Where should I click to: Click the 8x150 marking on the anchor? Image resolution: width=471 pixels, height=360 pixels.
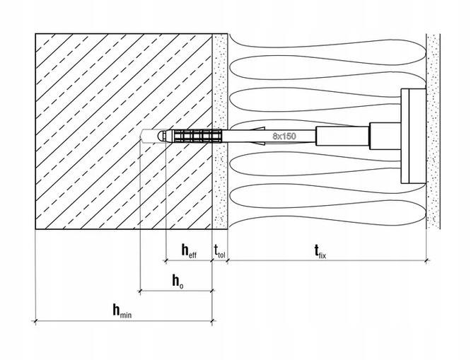coord(284,136)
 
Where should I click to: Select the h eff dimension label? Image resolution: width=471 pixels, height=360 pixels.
coord(189,250)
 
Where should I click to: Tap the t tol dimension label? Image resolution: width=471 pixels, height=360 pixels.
coord(219,251)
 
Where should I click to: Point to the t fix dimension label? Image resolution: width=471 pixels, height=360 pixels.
coord(320,252)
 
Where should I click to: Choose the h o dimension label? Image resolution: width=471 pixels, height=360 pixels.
coord(178,281)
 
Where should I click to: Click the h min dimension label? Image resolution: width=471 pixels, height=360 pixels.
coord(122,310)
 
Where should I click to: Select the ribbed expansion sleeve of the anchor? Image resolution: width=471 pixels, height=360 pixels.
coord(197,136)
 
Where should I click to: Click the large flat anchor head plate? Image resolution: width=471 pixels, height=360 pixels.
coord(413,136)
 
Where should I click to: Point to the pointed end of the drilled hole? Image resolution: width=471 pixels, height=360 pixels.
coord(141,136)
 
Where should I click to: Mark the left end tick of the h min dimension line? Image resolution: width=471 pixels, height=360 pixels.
coord(36,321)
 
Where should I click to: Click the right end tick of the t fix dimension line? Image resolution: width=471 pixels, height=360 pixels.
coord(426,261)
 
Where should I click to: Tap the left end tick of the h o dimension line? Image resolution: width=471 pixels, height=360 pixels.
coord(140,291)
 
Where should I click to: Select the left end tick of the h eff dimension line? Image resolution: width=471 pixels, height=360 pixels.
coord(165,261)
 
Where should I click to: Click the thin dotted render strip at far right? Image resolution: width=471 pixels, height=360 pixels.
coord(433,131)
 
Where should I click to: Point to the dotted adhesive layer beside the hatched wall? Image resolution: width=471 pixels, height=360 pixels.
coord(220,131)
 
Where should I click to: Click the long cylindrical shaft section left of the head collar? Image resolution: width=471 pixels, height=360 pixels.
coord(342,136)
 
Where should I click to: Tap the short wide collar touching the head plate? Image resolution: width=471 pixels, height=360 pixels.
coord(385,136)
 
